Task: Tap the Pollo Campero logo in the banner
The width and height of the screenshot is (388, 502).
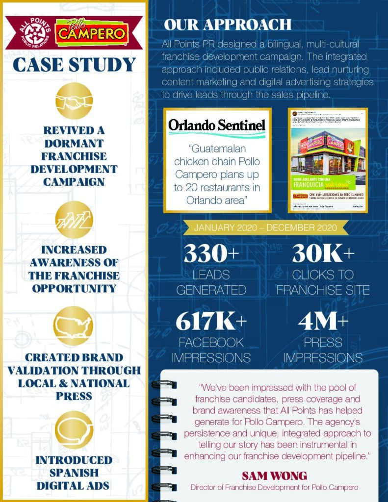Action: point(92,33)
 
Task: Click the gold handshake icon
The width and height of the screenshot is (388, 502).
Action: point(74,101)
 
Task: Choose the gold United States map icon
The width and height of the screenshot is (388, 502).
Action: point(74,326)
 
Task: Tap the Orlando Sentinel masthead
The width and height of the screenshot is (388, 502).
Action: point(217,125)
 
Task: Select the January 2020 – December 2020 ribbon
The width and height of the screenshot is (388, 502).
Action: point(265,227)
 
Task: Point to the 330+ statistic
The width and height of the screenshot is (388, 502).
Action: point(211,254)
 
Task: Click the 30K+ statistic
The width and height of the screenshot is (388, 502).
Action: point(323,254)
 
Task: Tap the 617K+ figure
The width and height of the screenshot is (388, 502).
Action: point(211,322)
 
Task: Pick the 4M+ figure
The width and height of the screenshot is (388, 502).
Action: point(323,322)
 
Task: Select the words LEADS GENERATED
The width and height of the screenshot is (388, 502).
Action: point(211,282)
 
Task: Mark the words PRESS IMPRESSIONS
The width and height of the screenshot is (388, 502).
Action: point(323,350)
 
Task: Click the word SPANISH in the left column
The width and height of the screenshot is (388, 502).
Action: point(74,473)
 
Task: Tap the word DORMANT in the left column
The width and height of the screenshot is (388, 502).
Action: point(74,144)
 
